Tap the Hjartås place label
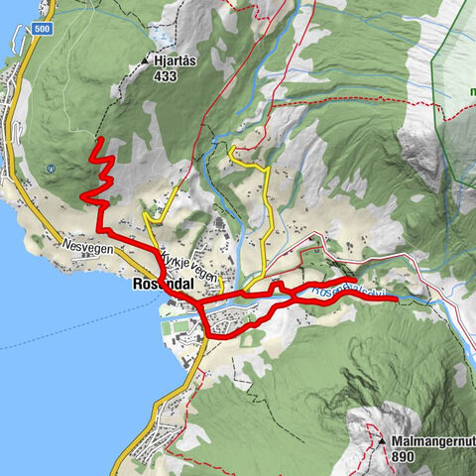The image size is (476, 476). [175, 59]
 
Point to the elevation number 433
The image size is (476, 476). [166, 72]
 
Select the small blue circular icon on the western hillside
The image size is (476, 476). [53, 169]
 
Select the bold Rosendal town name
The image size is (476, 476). [164, 283]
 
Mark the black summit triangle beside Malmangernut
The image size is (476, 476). [382, 440]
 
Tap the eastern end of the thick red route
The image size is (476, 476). [396, 297]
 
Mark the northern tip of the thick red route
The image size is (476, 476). [97, 145]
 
